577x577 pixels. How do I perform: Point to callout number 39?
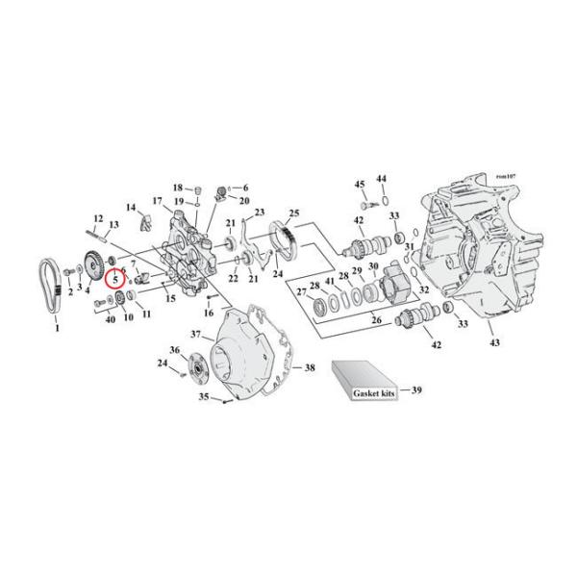click(416, 390)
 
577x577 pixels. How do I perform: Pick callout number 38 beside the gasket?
click(310, 368)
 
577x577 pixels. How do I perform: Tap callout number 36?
click(174, 349)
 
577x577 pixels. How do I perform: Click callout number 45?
click(360, 184)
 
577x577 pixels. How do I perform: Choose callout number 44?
click(381, 179)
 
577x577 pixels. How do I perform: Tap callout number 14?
click(131, 207)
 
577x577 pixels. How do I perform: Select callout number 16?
click(208, 313)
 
